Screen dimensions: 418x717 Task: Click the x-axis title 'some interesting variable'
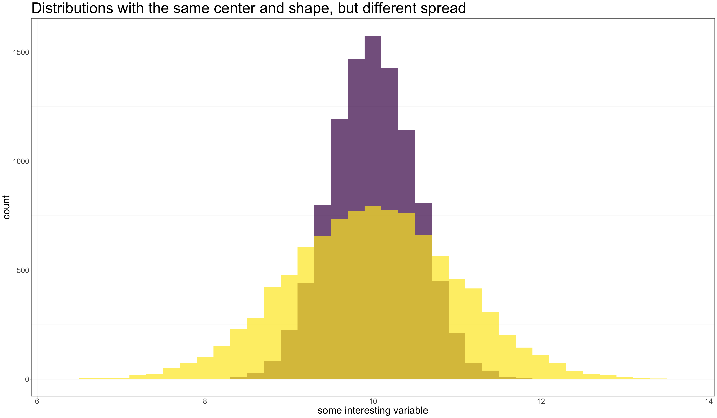[373, 410]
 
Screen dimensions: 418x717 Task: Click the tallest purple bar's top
[373, 36]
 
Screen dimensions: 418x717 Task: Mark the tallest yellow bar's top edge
[373, 206]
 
